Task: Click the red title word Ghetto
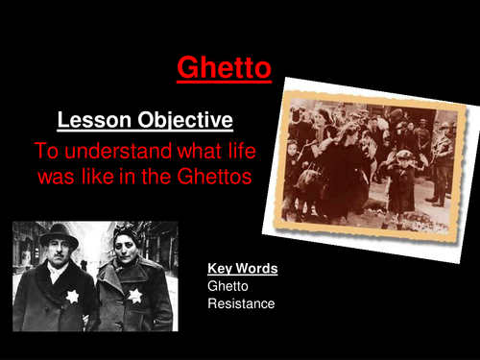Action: (x=224, y=68)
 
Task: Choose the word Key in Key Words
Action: (x=220, y=269)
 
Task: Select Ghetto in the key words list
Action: (x=228, y=286)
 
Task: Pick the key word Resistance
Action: (x=241, y=304)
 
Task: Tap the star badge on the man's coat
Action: (x=72, y=297)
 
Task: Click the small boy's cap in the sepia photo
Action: (x=404, y=155)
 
